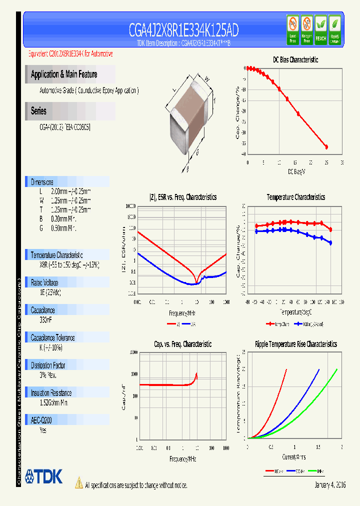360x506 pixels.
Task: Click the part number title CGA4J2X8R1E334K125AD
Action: [x=183, y=30]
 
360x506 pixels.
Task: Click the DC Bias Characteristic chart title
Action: [x=295, y=59]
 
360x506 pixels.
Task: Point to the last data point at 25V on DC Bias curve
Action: [x=326, y=147]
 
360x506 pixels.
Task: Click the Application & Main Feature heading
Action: [x=64, y=74]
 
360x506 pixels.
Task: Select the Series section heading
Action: [x=38, y=111]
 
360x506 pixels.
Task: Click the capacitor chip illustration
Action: [x=192, y=117]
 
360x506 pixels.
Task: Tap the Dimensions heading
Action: [x=42, y=182]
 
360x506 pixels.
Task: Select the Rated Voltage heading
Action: [x=44, y=282]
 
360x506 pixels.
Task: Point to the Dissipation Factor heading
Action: [x=48, y=365]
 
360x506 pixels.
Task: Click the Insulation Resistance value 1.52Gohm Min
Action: [x=55, y=402]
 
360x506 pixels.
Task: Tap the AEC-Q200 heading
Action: [x=41, y=421]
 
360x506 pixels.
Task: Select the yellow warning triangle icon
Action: [x=78, y=482]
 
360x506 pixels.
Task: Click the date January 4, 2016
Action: [x=330, y=485]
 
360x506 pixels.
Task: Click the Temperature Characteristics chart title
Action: [x=295, y=197]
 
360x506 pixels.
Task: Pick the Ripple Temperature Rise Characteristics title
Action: [x=295, y=344]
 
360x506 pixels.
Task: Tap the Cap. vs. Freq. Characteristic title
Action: [x=182, y=344]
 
